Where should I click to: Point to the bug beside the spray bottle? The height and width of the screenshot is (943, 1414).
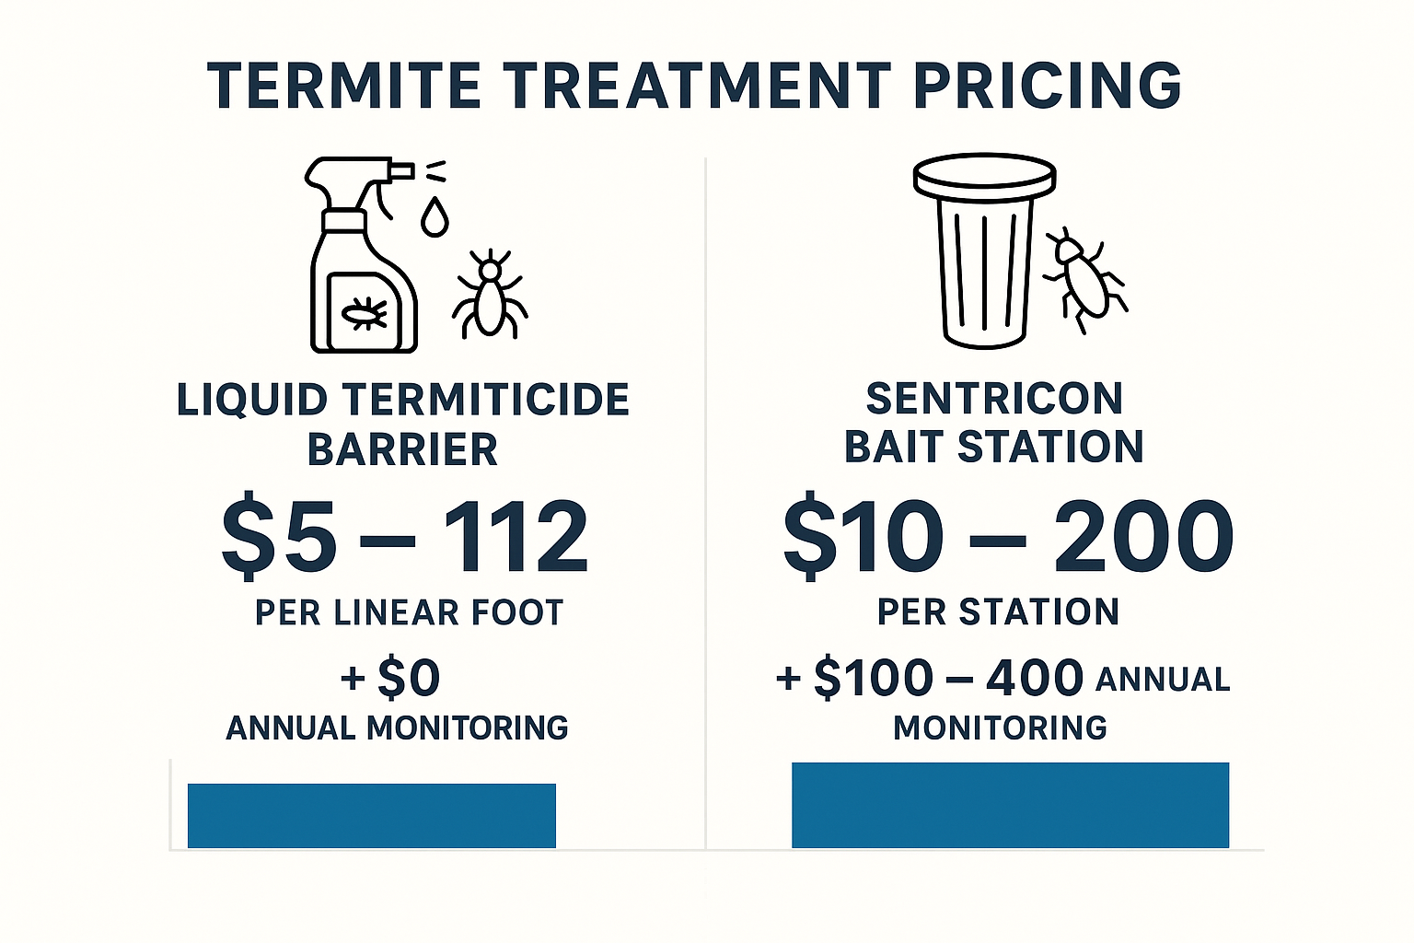tap(490, 292)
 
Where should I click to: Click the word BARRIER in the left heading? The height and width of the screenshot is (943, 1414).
tap(402, 450)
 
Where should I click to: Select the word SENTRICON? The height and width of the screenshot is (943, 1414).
tap(994, 399)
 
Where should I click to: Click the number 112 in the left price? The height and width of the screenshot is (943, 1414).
tap(516, 537)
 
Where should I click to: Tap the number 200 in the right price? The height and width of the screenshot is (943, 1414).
tap(1143, 535)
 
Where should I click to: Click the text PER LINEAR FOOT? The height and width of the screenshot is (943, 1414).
tap(409, 612)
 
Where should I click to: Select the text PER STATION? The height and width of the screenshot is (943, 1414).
tap(998, 611)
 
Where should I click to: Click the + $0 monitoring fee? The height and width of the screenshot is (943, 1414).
tap(391, 679)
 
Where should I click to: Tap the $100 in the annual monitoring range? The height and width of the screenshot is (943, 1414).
tap(875, 679)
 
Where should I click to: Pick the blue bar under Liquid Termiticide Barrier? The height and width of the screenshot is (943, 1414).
tap(372, 815)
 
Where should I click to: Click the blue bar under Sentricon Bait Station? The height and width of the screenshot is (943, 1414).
tap(1010, 805)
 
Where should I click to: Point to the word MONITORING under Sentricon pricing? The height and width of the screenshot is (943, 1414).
tap(1000, 728)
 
